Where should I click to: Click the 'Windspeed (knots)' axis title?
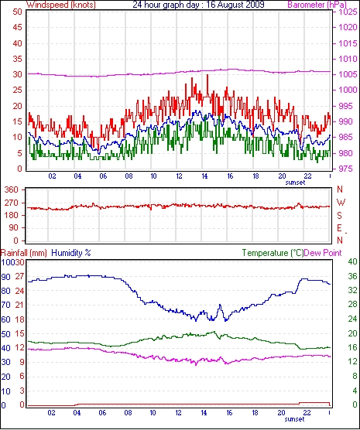click(x=61, y=5)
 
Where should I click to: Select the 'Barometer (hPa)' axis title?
click(x=317, y=5)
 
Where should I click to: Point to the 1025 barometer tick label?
click(x=348, y=12)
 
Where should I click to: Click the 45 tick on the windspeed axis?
click(x=17, y=27)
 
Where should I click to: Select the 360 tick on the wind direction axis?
click(x=12, y=189)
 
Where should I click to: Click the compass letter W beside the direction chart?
click(x=341, y=203)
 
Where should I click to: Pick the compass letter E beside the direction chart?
click(x=339, y=228)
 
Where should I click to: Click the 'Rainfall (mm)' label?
click(x=24, y=253)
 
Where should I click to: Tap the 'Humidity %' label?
click(x=71, y=253)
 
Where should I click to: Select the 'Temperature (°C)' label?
click(x=273, y=253)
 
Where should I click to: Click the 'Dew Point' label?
click(x=323, y=253)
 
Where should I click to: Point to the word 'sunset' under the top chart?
click(x=295, y=183)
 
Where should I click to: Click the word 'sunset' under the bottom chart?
click(x=294, y=419)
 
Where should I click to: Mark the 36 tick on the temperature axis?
click(x=352, y=276)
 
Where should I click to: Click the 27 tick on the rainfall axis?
click(x=19, y=276)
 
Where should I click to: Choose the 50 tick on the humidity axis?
click(x=5, y=334)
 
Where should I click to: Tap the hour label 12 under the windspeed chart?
click(x=179, y=176)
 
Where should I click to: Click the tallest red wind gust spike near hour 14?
click(x=207, y=75)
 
